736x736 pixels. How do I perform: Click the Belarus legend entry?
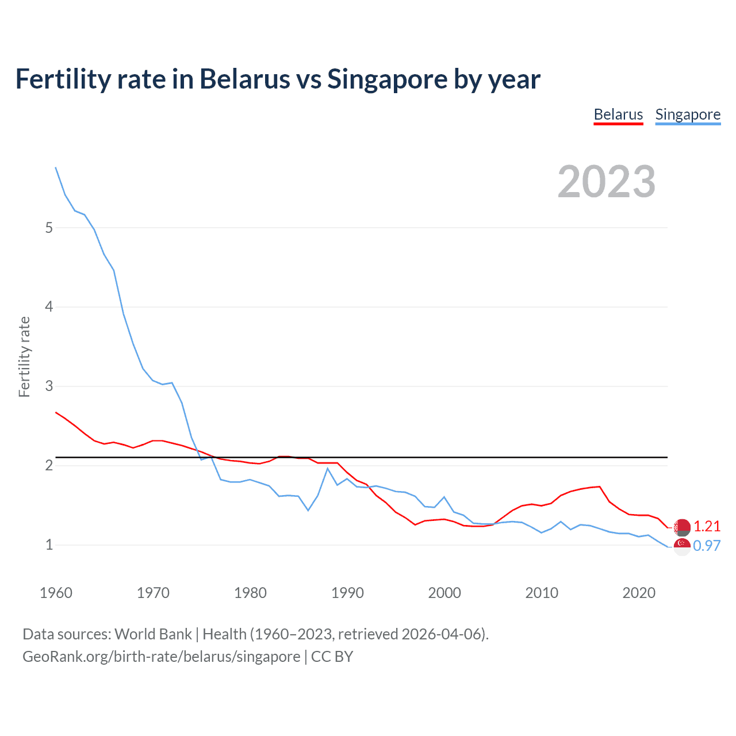tap(618, 114)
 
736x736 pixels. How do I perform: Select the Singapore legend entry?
tap(688, 114)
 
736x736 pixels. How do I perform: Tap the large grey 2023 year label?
tap(607, 182)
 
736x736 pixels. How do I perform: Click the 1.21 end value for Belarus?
tap(707, 526)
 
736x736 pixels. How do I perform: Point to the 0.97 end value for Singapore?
tap(707, 546)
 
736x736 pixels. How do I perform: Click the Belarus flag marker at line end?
tap(682, 527)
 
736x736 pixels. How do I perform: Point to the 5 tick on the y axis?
tap(49, 228)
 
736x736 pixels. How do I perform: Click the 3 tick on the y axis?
tap(49, 386)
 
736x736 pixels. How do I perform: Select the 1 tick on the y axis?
tap(49, 545)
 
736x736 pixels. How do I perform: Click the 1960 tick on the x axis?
tap(56, 593)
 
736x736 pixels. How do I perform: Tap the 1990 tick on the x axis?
tap(347, 593)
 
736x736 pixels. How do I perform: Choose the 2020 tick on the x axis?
tap(639, 593)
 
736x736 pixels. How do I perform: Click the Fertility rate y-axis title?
tap(24, 356)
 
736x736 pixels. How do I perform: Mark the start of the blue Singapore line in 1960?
tap(56, 167)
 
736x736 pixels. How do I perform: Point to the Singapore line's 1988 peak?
tap(328, 469)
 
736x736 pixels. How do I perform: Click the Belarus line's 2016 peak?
tap(600, 486)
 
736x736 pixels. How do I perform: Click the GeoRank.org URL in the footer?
tap(161, 657)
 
